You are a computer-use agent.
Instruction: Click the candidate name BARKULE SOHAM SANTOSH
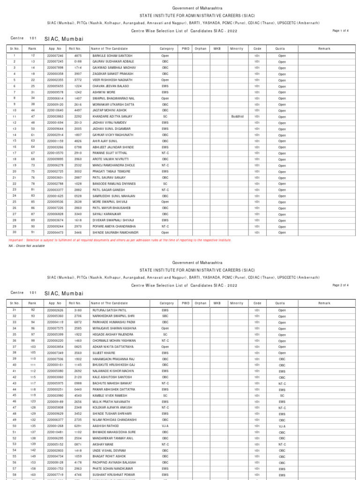112,55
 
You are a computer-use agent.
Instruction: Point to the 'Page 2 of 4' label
340,285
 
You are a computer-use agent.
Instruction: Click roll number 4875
78,55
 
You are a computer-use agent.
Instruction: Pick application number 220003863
55,116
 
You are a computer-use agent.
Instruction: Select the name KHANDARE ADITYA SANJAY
112,116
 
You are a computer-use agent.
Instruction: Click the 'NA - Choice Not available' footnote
27,246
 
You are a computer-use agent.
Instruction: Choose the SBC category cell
165,316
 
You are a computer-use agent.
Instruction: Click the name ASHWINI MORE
104,92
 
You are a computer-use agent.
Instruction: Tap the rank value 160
33,474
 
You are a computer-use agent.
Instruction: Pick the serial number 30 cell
15,232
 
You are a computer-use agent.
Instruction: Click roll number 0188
78,61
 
